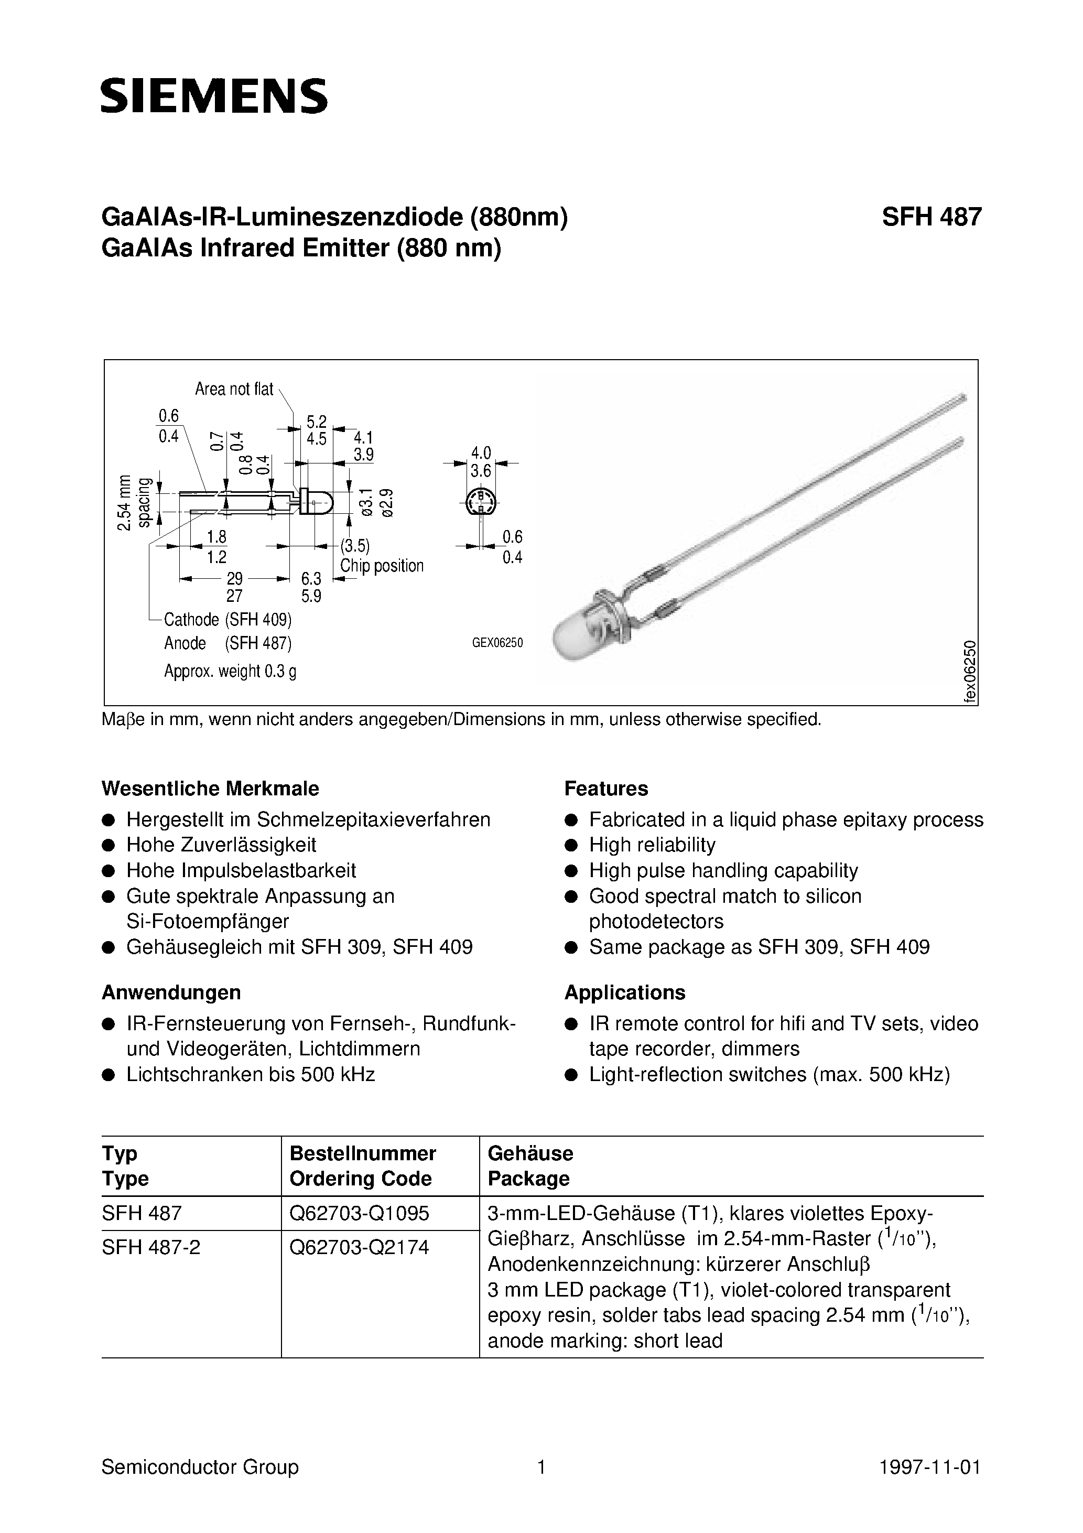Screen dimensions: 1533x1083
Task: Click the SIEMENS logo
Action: pyautogui.click(x=214, y=96)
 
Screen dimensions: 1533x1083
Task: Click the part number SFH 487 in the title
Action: pyautogui.click(x=931, y=218)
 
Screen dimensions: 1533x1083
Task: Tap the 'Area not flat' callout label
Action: pyautogui.click(x=234, y=389)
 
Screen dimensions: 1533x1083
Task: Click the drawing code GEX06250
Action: pyautogui.click(x=497, y=643)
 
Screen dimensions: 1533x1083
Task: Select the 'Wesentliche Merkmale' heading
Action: pyautogui.click(x=210, y=789)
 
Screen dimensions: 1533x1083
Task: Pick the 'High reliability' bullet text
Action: pyautogui.click(x=652, y=845)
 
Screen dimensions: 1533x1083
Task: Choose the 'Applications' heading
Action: pyautogui.click(x=624, y=992)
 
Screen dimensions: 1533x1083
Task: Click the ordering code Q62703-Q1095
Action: pyautogui.click(x=359, y=1213)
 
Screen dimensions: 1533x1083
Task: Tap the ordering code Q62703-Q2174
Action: pyautogui.click(x=359, y=1247)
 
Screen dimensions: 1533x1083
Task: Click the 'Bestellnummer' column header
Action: pyautogui.click(x=363, y=1153)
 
